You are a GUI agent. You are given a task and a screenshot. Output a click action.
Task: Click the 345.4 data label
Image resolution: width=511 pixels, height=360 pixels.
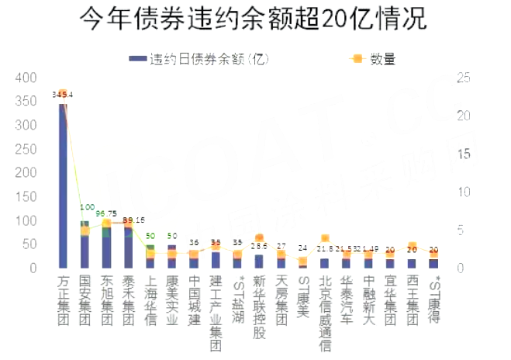[62, 95]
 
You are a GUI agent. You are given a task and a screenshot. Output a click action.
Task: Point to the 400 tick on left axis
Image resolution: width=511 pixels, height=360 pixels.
[26, 78]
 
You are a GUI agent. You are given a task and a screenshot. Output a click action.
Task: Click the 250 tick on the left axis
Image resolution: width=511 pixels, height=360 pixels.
[26, 149]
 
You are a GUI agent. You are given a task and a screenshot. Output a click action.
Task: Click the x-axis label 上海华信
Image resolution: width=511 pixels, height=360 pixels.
[150, 299]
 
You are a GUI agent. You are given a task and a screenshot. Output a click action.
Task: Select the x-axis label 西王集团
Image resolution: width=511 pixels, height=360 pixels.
[412, 299]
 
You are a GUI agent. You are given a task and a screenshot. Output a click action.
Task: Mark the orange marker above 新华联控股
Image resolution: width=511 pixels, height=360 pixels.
[259, 238]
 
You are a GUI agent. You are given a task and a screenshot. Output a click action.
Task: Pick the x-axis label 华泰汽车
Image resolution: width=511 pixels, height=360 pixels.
[347, 299]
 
